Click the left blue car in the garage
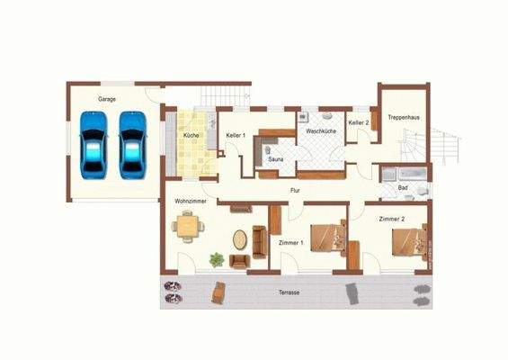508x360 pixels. pos(93,144)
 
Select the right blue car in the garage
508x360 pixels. pos(132,144)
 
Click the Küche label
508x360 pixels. pos(192,135)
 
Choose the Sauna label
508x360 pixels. pos(277,160)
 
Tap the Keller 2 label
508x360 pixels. pos(359,122)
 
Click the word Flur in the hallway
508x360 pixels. pos(294,191)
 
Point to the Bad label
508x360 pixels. pos(406,187)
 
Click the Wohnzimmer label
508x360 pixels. pos(192,202)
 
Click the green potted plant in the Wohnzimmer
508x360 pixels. pos(217,260)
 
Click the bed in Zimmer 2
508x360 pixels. pos(407,241)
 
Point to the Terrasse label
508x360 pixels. pos(289,294)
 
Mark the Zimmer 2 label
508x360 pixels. pos(391,219)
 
